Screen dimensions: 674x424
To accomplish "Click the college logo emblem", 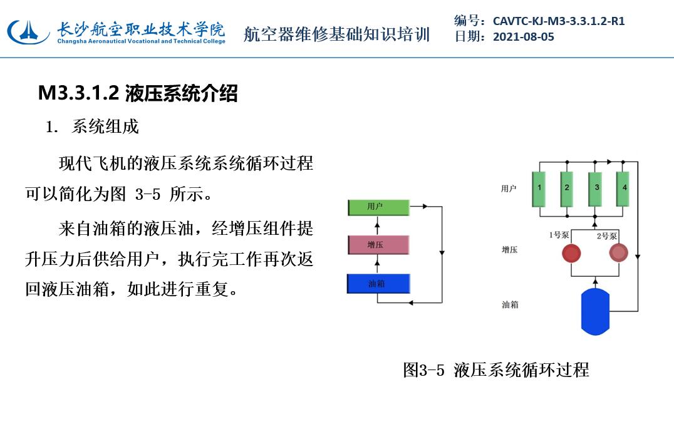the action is coord(28,31).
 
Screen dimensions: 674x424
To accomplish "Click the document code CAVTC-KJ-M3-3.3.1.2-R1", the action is coord(558,21).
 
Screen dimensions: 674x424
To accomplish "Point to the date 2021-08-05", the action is coord(524,37).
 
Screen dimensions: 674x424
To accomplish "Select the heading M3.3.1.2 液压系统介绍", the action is coord(138,93).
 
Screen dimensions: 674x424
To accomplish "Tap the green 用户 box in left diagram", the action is coord(378,207).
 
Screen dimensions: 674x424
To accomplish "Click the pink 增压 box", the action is coord(378,245).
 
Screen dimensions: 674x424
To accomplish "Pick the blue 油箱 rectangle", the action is coord(378,284).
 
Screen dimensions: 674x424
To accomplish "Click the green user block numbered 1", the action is coord(539,189).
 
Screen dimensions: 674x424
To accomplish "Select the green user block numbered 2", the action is coord(567,189).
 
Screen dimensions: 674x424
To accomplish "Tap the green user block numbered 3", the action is coord(595,189).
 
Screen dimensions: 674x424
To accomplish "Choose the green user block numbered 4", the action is coord(623,189).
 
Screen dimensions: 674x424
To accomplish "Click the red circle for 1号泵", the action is coord(571,253).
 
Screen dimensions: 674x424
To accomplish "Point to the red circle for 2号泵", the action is coord(618,253).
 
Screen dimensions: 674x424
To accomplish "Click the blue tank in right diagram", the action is coord(595,311).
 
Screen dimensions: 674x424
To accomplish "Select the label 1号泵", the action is coord(559,235).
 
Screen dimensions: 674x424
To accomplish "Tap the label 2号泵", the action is coord(606,236).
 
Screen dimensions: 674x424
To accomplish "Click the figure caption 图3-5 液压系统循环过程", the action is coord(496,370).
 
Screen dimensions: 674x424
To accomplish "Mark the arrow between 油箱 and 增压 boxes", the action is coord(378,265).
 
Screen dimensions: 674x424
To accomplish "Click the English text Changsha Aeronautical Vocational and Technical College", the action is coord(142,41).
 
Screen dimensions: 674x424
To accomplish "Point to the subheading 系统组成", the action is coord(105,127).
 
